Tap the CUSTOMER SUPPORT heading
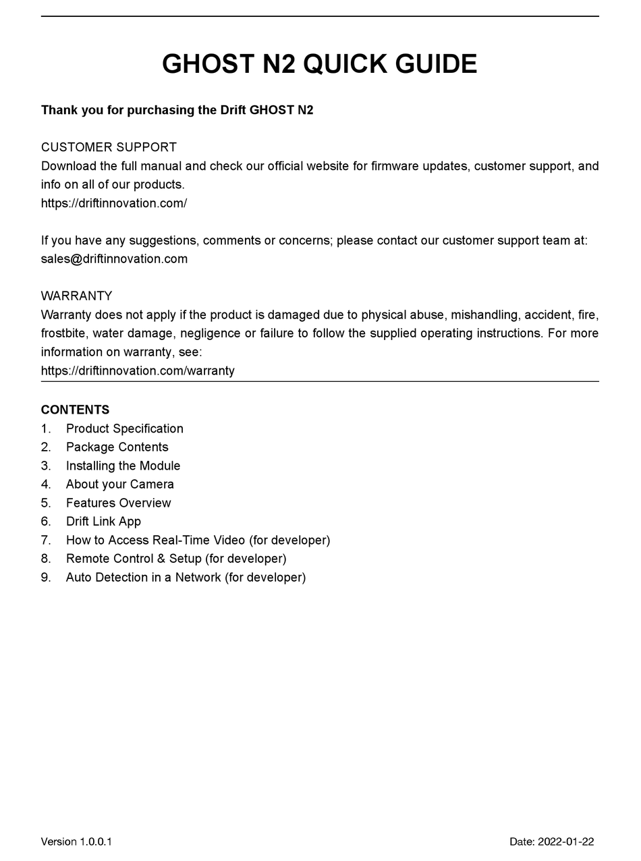[109, 147]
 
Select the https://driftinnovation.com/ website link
[114, 203]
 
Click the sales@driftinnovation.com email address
[114, 259]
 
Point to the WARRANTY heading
[76, 296]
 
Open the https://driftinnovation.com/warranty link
[138, 370]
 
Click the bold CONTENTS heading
[75, 410]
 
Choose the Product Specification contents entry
[124, 429]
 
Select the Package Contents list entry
[117, 447]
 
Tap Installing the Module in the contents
[123, 466]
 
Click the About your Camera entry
[119, 484]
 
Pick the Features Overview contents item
[118, 503]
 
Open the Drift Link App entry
[103, 522]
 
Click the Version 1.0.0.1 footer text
[76, 841]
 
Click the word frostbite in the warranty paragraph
[63, 333]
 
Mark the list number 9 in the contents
[45, 578]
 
